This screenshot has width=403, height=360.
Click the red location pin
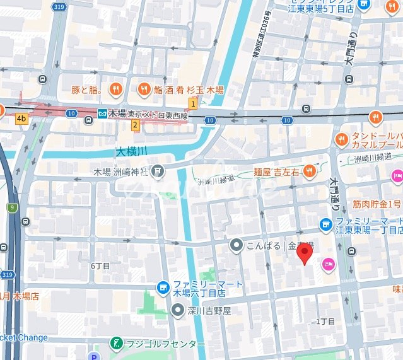[305, 254]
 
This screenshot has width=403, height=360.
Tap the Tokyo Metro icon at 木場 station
[102, 114]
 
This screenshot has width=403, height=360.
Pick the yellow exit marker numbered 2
[135, 125]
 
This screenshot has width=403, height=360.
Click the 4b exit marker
[22, 118]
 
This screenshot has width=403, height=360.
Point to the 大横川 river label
[131, 152]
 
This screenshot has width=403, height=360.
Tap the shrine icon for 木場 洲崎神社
[158, 170]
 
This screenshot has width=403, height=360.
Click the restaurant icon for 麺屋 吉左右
[309, 170]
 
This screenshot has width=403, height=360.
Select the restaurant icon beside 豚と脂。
[115, 90]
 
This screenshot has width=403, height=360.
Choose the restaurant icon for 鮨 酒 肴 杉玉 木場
[144, 90]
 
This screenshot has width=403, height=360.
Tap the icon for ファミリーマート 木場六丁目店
[163, 288]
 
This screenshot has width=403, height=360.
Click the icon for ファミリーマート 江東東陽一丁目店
[325, 224]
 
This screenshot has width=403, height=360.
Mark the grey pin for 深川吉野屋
[179, 310]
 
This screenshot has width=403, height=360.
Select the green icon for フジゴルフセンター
[116, 344]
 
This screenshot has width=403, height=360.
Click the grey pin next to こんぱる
[236, 245]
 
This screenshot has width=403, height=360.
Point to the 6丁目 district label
[100, 266]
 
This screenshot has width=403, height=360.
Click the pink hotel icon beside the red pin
[329, 264]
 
